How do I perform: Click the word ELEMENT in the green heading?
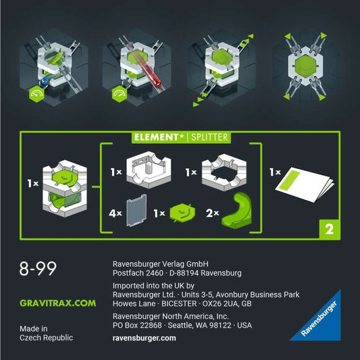click(156, 137)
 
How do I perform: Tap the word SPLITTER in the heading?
click(209, 137)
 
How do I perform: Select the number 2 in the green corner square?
click(330, 229)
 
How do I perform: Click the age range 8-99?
click(38, 268)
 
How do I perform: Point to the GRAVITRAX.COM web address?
click(57, 303)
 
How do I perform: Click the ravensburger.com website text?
click(144, 338)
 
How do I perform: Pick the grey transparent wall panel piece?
click(136, 210)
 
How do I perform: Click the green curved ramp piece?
click(237, 211)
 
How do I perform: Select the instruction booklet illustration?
click(304, 184)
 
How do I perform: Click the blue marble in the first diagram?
click(45, 81)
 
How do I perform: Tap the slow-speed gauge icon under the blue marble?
click(36, 94)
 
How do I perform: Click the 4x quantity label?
click(115, 213)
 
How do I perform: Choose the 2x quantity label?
click(212, 213)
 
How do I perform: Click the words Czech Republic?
click(46, 338)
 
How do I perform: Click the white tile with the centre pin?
click(149, 170)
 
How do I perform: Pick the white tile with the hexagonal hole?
click(224, 172)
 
